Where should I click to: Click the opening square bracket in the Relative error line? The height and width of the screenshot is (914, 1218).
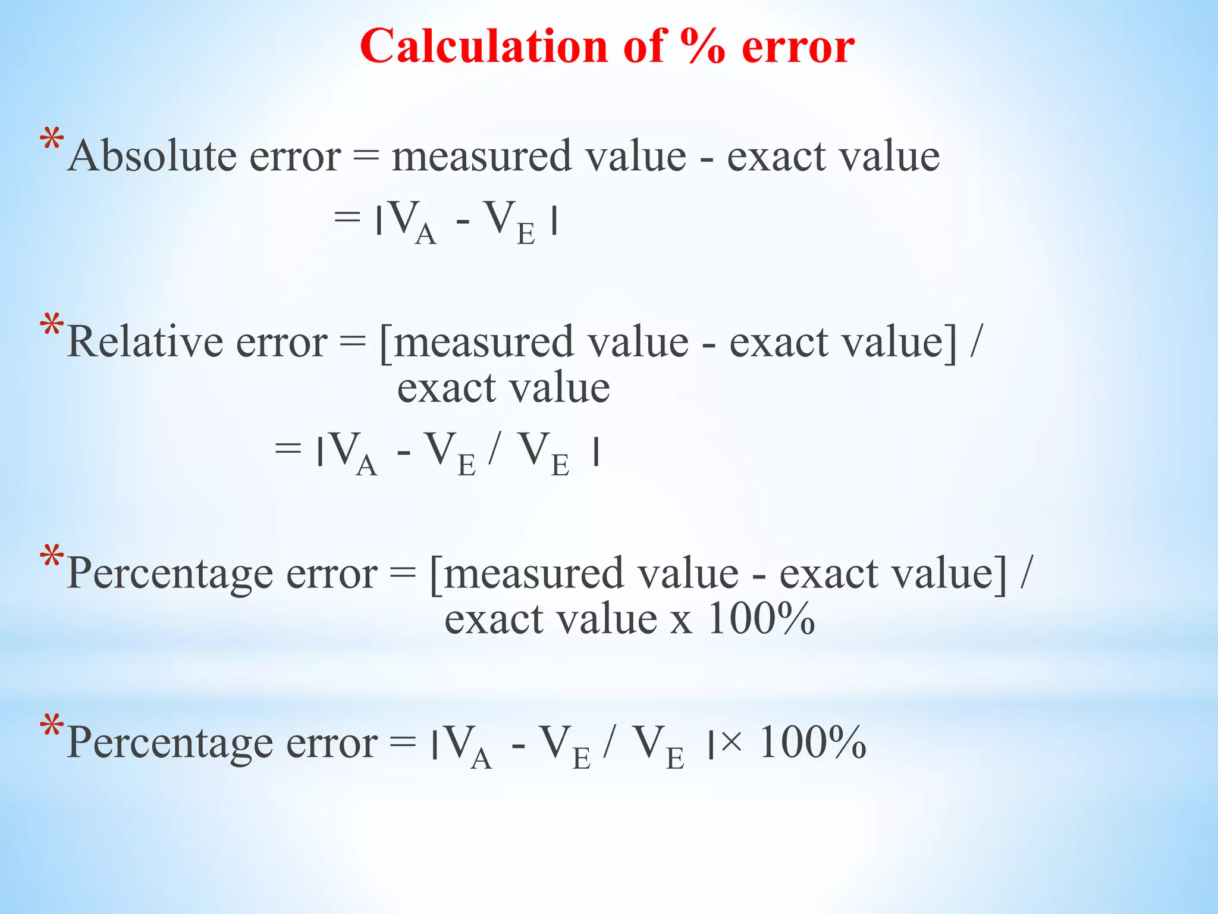[x=385, y=343]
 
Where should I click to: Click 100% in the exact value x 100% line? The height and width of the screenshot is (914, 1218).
[x=762, y=619]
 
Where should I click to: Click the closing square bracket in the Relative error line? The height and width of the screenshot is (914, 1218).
[x=952, y=343]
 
